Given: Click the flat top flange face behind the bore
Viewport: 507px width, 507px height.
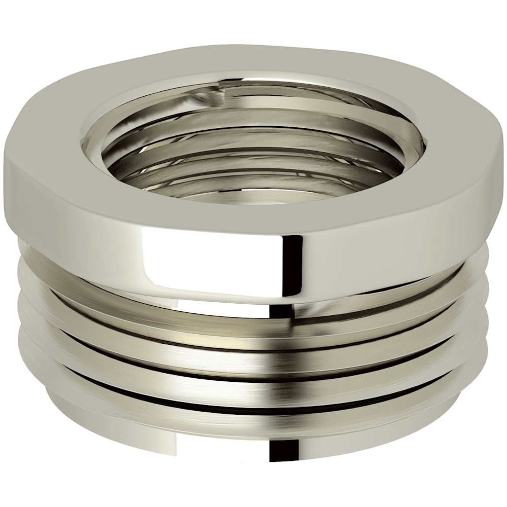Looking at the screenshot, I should (253, 61).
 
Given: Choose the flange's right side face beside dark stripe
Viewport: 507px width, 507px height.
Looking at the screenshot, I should (385, 253).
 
